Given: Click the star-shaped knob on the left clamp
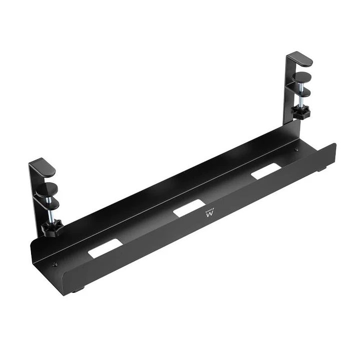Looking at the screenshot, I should coord(52,228).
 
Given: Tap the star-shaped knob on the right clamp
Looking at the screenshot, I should coord(301,113).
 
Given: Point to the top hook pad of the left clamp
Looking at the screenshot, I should coord(43,167).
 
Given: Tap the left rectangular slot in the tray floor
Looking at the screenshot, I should coord(105,248).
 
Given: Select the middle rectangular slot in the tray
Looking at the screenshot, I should coord(189,208).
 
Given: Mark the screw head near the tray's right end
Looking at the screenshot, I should coord(296,150).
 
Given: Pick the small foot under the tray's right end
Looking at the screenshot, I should coord(318,170).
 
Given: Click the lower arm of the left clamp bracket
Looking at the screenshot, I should coord(47,203).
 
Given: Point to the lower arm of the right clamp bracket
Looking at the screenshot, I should coord(301,91).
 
